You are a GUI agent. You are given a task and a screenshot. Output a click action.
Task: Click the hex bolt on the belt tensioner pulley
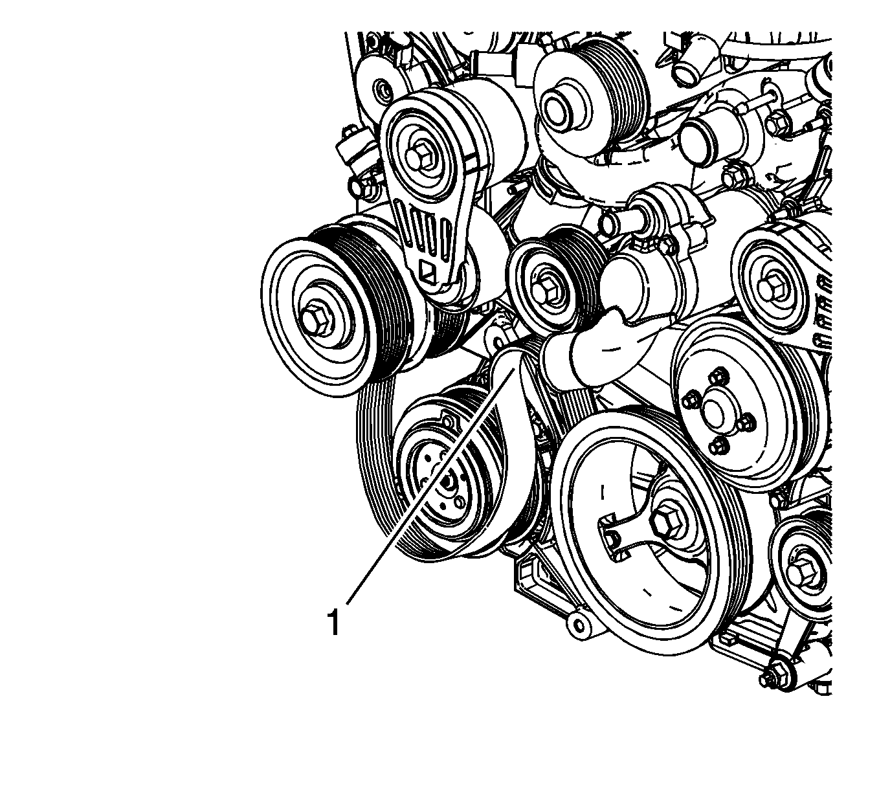[420, 159]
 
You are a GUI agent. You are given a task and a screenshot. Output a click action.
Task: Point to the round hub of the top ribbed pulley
[559, 109]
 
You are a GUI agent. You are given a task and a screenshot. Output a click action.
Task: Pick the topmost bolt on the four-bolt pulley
[719, 378]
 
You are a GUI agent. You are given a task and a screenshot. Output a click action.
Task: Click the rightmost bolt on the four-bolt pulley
[747, 423]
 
